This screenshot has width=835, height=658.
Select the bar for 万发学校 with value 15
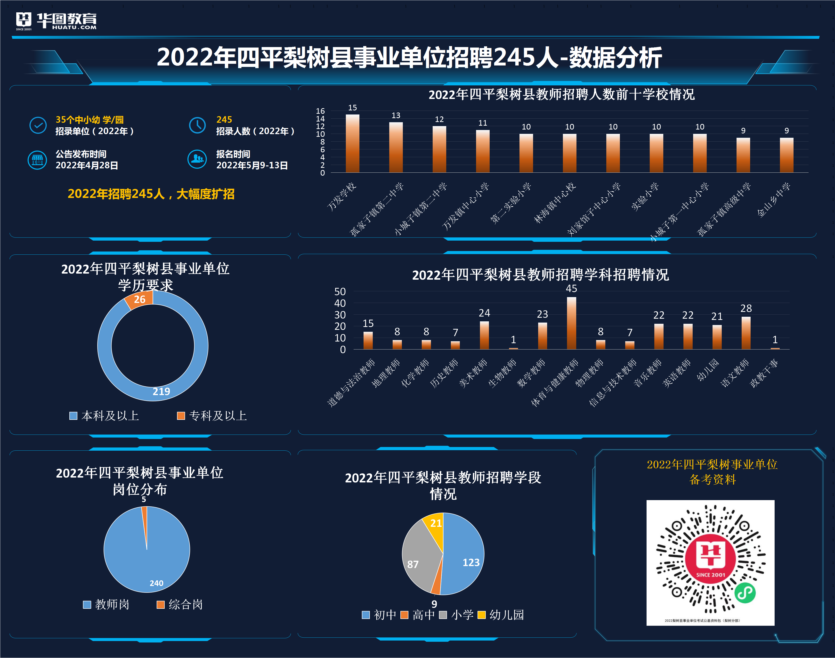[352, 143]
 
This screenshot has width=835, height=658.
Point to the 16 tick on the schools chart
[320, 111]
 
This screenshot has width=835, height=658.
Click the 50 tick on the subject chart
[340, 292]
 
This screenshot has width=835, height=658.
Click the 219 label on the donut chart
[161, 391]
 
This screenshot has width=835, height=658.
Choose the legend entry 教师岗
[106, 604]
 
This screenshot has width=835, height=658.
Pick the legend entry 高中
[418, 615]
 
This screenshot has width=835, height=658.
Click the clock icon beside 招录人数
[197, 125]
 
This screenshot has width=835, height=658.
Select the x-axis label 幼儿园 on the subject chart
[708, 371]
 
